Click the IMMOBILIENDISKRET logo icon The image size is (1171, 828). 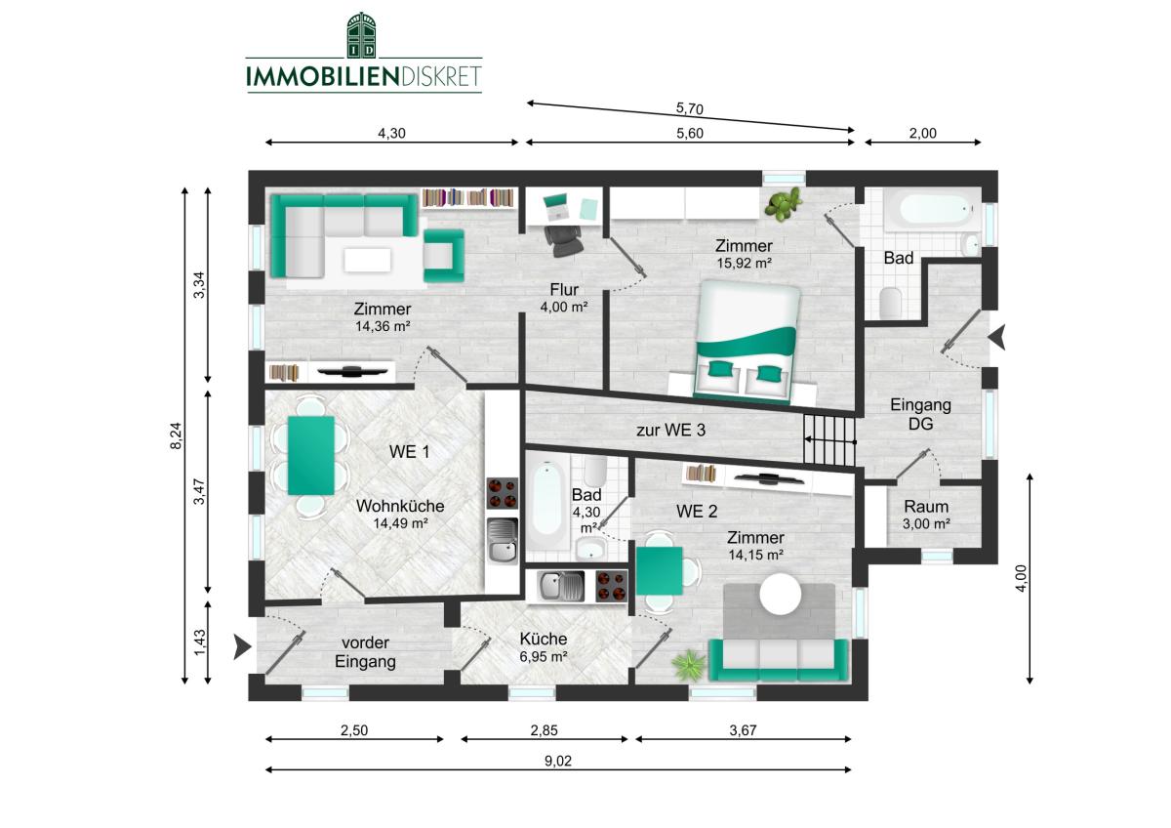tap(361, 35)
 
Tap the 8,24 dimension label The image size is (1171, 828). tap(176, 435)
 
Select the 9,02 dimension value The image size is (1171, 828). tap(558, 761)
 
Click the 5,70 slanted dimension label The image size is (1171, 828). tap(690, 108)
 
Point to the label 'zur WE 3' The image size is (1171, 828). tap(670, 430)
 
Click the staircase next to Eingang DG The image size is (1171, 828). tap(829, 439)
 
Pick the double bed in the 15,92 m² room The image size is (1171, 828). tap(747, 342)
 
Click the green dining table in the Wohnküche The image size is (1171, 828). tap(311, 455)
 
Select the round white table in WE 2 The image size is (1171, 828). tap(780, 594)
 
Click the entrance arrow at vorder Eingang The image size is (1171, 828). tap(242, 646)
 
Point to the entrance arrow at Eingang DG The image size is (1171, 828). tap(997, 337)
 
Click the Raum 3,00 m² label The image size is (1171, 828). tap(926, 515)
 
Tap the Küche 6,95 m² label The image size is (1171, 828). tap(544, 647)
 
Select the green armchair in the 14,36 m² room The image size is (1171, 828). tap(443, 256)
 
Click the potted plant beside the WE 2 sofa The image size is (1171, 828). tap(690, 665)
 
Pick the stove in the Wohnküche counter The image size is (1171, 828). tap(503, 493)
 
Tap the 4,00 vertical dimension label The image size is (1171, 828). tap(1021, 578)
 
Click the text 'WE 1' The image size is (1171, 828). tap(409, 451)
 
